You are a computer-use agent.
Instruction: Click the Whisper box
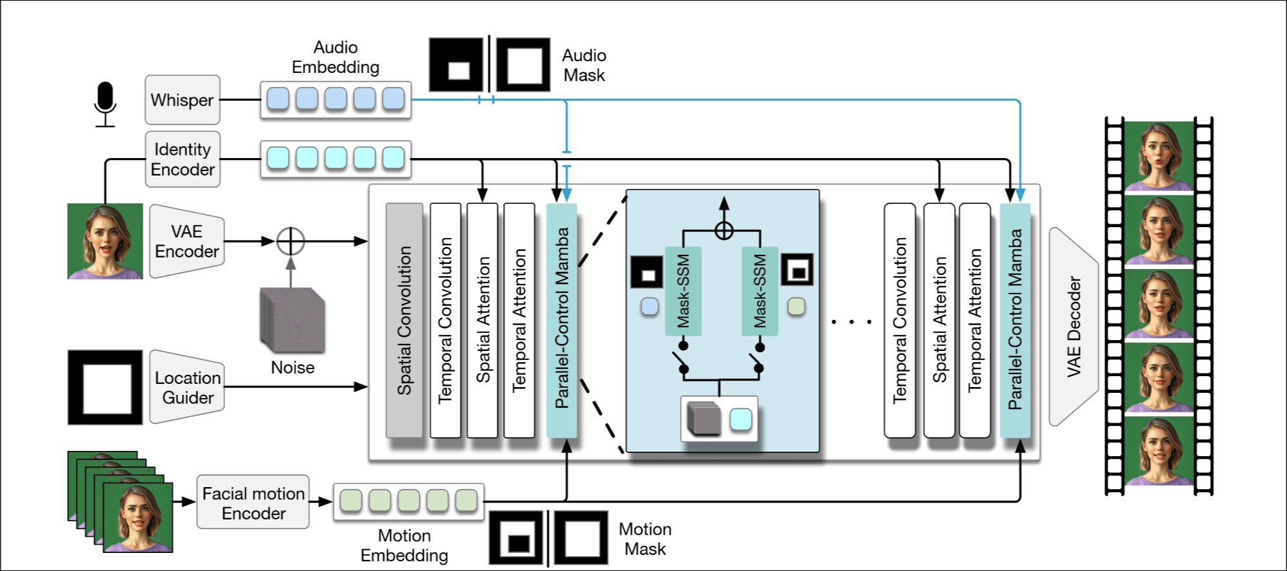pos(183,100)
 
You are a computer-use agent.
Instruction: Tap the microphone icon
pos(105,104)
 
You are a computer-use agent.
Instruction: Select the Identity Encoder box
pos(183,159)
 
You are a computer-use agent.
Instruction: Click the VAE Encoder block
pos(187,241)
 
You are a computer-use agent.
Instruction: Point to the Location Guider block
pos(187,387)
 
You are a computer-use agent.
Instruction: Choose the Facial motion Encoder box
pos(253,503)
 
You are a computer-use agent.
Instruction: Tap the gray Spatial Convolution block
pos(404,320)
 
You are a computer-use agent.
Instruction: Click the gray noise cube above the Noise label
pos(292,320)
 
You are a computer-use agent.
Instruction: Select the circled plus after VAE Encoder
pos(290,241)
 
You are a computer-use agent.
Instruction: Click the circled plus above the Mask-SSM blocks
pos(724,230)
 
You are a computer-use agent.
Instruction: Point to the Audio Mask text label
pos(584,65)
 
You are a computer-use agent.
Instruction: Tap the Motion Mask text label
pos(645,539)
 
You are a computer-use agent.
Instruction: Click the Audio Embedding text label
pos(335,57)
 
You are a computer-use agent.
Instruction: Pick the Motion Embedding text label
pos(404,545)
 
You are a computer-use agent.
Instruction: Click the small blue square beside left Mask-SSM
pos(650,306)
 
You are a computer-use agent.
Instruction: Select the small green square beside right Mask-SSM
pos(797,306)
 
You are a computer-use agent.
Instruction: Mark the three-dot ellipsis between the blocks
pos(852,321)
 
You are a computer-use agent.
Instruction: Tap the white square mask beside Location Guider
pos(105,387)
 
